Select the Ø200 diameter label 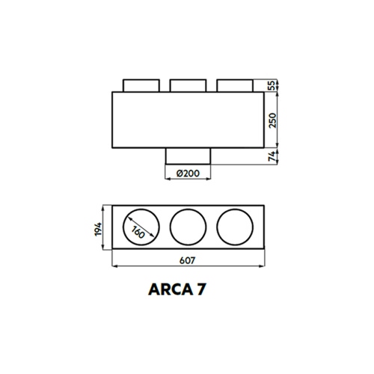(x=187, y=173)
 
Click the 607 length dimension (x=188, y=263)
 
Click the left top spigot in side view (x=140, y=85)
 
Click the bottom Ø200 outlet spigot (x=187, y=155)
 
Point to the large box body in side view (x=188, y=120)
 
